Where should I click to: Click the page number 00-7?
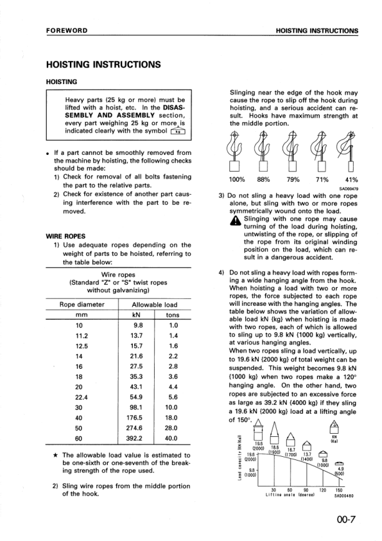click(x=346, y=519)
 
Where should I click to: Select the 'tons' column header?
click(x=173, y=315)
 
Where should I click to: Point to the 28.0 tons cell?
click(x=173, y=428)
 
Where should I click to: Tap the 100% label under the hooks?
click(x=239, y=180)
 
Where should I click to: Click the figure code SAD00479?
click(x=349, y=189)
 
